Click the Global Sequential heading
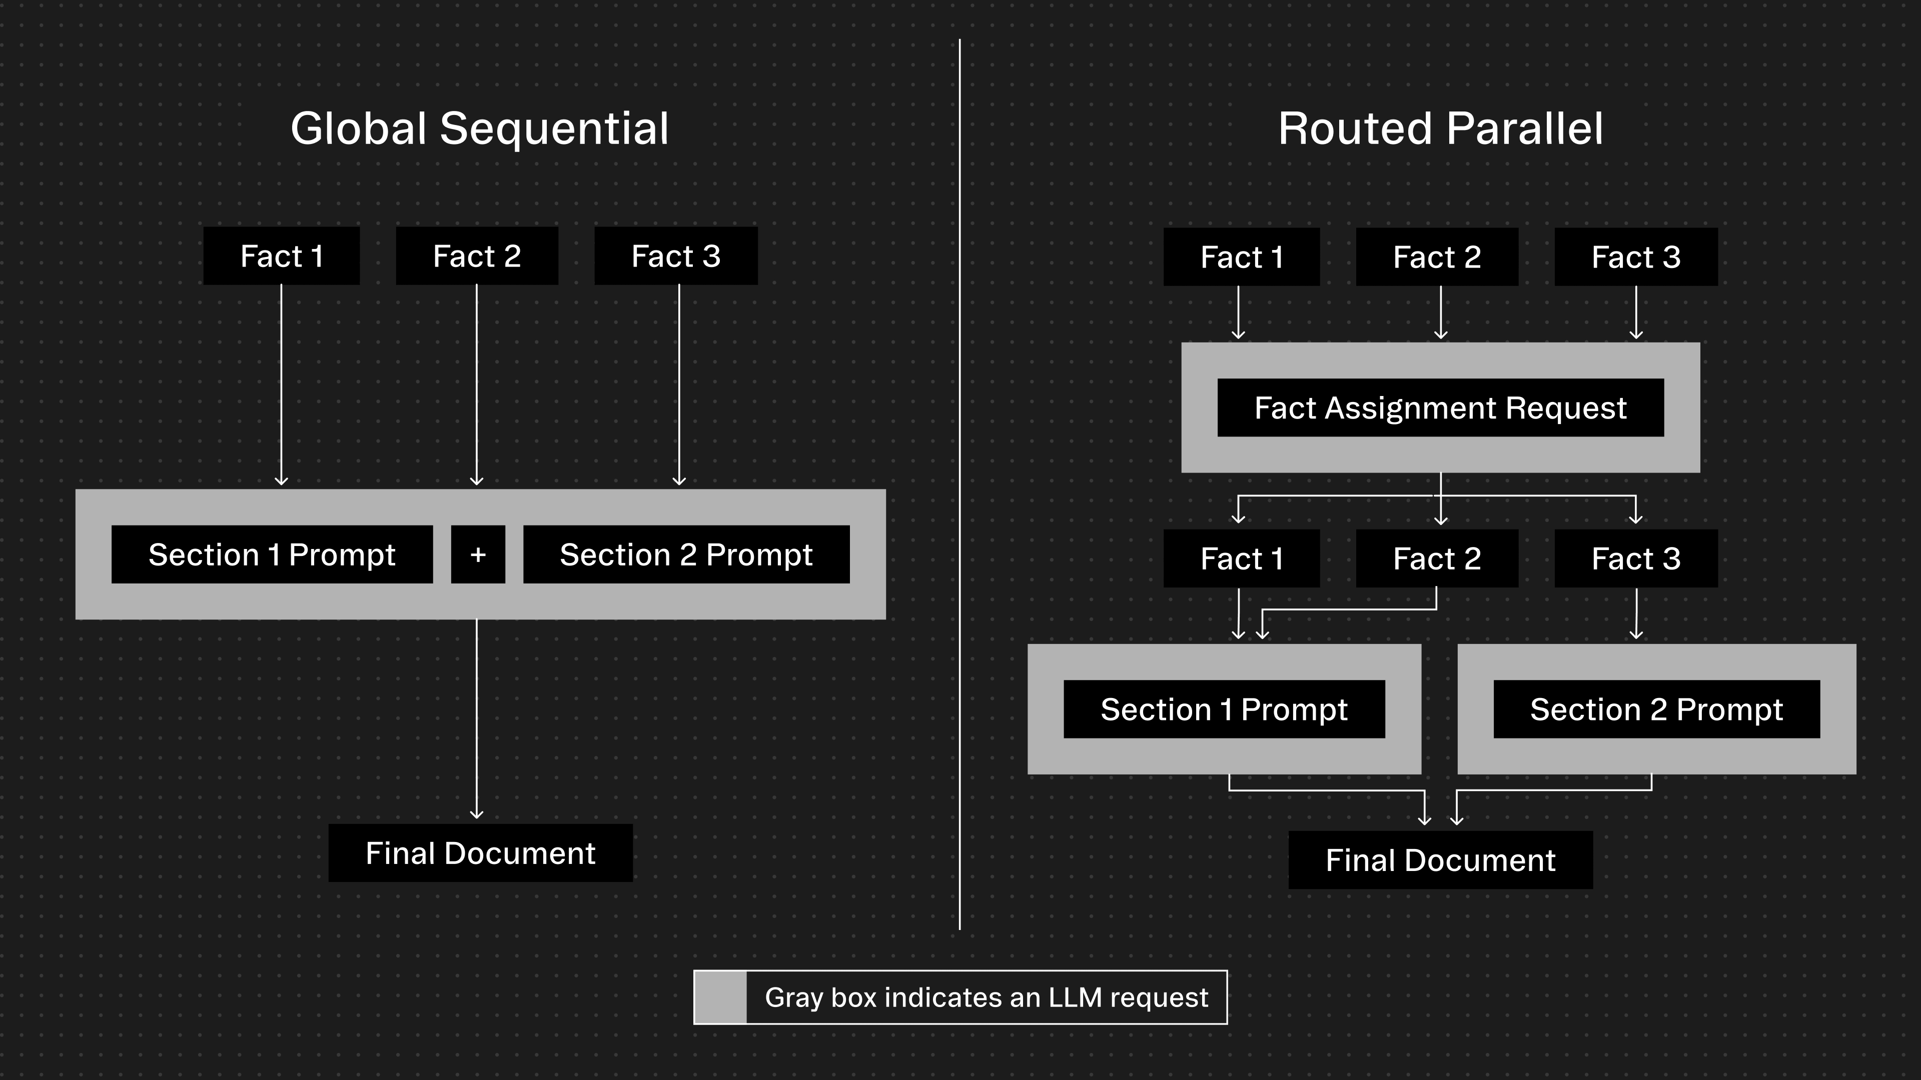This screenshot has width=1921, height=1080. [480, 128]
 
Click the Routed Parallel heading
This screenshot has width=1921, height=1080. [1440, 128]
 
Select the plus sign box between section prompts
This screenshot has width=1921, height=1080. [478, 554]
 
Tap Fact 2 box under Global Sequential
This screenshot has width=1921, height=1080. [477, 255]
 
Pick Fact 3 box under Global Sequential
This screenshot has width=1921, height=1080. [676, 255]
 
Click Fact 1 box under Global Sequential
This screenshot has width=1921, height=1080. [281, 255]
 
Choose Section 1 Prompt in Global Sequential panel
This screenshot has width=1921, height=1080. [272, 554]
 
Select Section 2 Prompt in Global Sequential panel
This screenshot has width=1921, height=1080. [686, 554]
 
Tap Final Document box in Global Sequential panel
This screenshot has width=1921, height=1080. [480, 852]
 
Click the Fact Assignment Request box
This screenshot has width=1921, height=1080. [1440, 407]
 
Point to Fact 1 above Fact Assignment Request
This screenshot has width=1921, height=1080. [1242, 257]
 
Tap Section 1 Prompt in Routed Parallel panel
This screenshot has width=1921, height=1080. [1224, 709]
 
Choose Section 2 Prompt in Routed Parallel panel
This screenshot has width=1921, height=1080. [1656, 709]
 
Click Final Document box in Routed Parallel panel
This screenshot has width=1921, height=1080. [1440, 860]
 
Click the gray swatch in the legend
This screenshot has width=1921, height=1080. [720, 997]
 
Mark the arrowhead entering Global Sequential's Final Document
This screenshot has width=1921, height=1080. [477, 814]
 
